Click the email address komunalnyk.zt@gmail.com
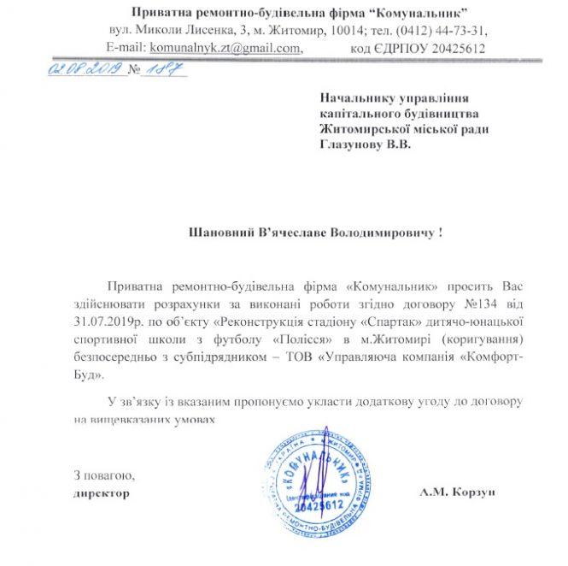[x=225, y=48]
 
